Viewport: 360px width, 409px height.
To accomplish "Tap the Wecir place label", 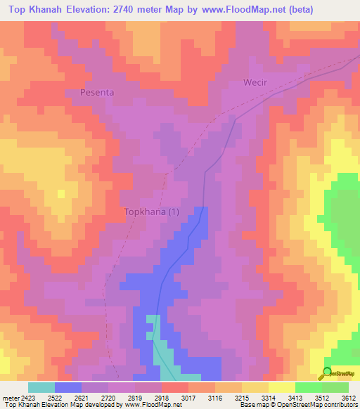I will click(x=256, y=82).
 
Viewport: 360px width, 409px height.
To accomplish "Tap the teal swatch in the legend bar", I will click(x=41, y=387).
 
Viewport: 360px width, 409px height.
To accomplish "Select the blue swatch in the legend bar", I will click(x=68, y=387).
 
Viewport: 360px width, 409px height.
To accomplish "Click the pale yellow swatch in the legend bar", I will click(x=281, y=387).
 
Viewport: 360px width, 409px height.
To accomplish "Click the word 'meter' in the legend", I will click(x=8, y=398).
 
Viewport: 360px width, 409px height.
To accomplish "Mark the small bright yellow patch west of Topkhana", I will click(x=61, y=193).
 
